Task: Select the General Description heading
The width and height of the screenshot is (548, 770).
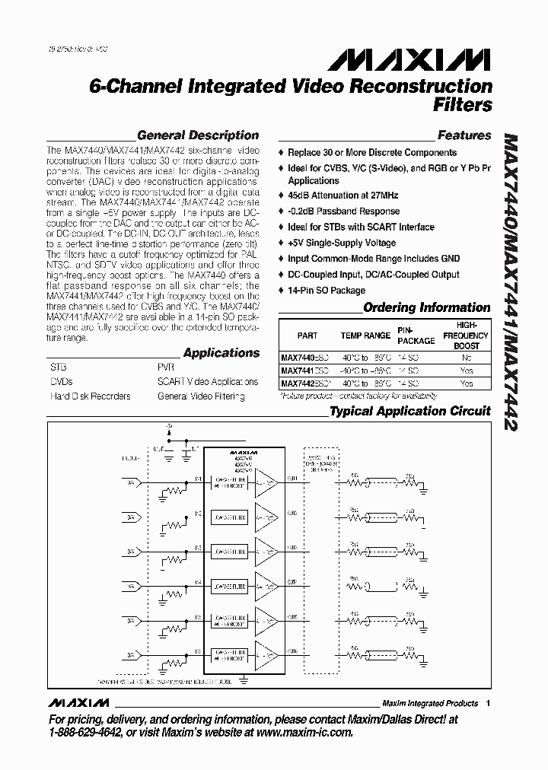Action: [197, 135]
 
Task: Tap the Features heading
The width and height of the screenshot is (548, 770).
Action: [464, 135]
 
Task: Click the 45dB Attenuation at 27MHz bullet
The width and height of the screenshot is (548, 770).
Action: [343, 196]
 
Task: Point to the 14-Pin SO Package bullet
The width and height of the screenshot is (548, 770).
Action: [327, 290]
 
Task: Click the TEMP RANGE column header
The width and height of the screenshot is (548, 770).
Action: [365, 336]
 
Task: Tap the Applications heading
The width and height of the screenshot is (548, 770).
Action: [221, 353]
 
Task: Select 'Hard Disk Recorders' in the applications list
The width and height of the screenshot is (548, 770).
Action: [90, 396]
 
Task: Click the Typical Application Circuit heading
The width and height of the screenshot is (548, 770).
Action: [409, 411]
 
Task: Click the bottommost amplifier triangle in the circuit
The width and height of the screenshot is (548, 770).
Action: [267, 653]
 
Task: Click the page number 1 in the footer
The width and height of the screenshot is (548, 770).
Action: [487, 703]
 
